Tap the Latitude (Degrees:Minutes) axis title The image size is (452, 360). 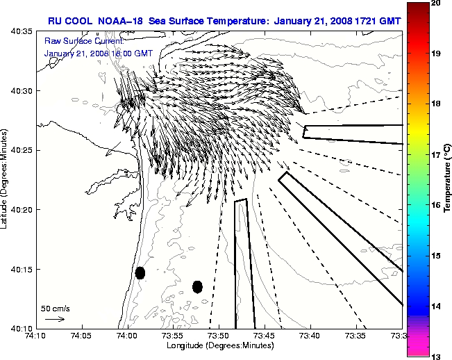tap(6, 179)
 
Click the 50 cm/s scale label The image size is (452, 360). tap(55, 308)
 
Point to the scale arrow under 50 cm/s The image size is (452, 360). tap(55, 319)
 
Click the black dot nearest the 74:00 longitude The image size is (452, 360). tap(140, 272)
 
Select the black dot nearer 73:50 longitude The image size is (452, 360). tap(197, 286)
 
